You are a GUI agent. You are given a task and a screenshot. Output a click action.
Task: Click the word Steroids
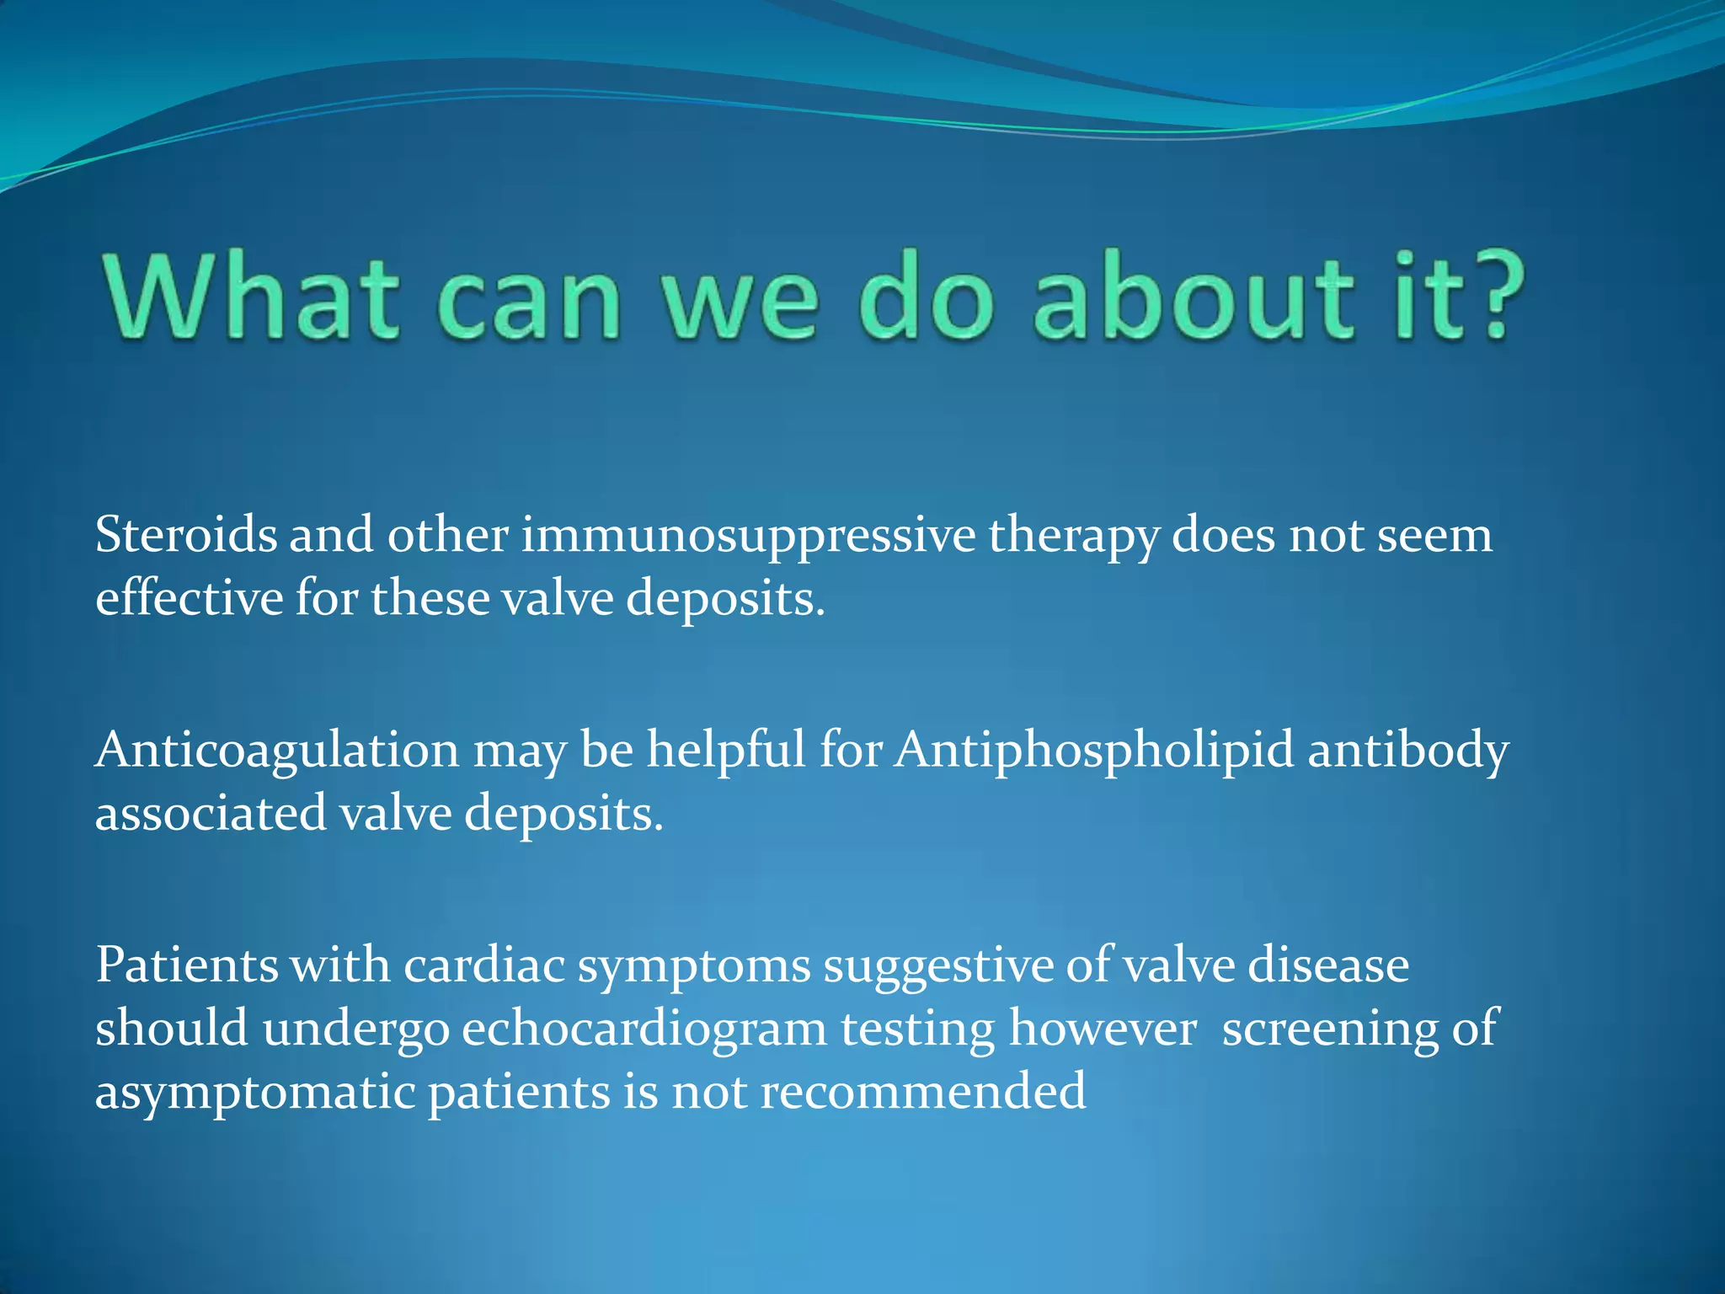[x=185, y=535]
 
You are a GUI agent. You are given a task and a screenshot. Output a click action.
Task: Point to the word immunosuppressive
[x=748, y=537]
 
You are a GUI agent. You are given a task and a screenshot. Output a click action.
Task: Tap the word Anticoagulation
[x=276, y=751]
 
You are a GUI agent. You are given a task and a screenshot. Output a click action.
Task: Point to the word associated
[x=211, y=814]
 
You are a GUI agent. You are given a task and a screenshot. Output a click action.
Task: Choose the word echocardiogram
[x=644, y=1029]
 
